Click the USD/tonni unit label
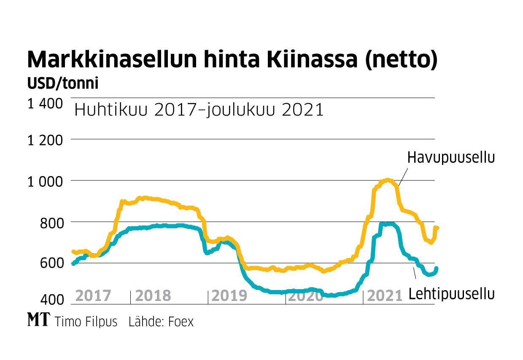63,83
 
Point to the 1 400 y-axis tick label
46,104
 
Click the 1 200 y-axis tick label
46,140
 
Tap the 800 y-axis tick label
51,223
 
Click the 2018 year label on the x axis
153,296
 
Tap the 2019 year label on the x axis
229,296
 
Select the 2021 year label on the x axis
385,296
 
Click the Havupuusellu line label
450,158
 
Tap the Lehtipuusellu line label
451,294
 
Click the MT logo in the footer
38,321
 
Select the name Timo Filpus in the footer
86,322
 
